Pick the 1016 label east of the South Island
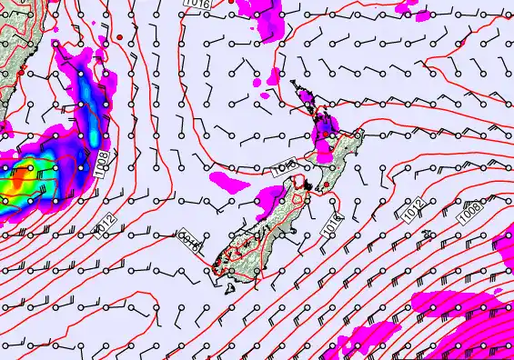pyautogui.click(x=329, y=225)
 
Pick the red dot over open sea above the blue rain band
pyautogui.click(x=120, y=36)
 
